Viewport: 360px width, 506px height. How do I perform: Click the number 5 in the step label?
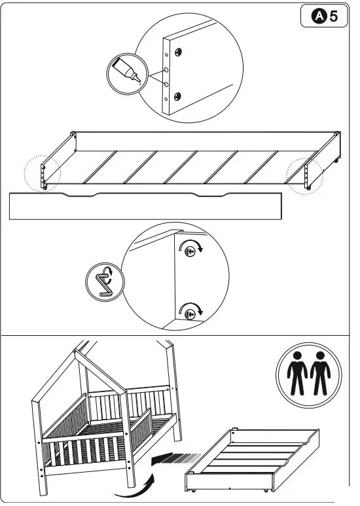tap(334, 17)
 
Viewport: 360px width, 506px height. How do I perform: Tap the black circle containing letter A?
tap(318, 17)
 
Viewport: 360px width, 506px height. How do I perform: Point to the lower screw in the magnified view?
tap(190, 315)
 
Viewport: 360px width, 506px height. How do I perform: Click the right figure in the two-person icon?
tap(320, 374)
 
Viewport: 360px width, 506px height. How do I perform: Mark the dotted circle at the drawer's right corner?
tap(306, 173)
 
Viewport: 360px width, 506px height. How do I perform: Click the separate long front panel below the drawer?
tap(145, 206)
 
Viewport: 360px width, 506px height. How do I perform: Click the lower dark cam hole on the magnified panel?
tap(176, 98)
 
